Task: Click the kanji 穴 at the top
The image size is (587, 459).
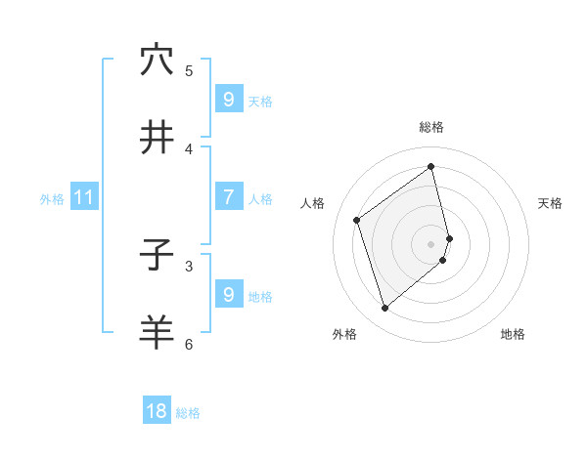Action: (x=157, y=60)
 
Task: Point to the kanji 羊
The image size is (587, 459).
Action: (x=157, y=332)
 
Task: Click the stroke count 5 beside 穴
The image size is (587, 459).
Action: (x=189, y=70)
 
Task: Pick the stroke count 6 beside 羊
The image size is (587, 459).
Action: (x=189, y=344)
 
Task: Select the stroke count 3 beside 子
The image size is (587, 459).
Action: (x=189, y=266)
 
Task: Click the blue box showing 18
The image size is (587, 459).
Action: (x=157, y=411)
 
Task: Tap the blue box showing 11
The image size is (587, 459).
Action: (x=84, y=197)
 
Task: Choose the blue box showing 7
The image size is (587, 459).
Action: (x=228, y=197)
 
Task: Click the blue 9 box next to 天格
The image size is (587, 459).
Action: (x=228, y=99)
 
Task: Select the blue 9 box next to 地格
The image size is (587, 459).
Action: (x=228, y=294)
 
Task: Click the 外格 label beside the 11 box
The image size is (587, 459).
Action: (x=52, y=198)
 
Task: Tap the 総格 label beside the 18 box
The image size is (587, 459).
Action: (x=188, y=413)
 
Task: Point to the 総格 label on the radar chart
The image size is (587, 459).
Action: (x=431, y=127)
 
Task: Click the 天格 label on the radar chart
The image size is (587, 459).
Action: (x=550, y=203)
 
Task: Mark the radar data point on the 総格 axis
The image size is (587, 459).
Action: (x=431, y=166)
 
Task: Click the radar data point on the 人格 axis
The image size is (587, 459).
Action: (x=357, y=220)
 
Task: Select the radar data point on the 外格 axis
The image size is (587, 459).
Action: (x=384, y=309)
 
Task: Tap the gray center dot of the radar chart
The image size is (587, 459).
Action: (x=431, y=243)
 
